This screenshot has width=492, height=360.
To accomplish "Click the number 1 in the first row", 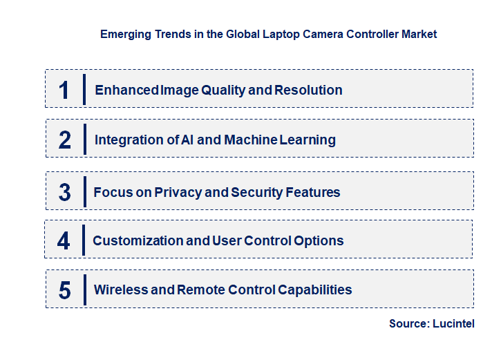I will click(x=64, y=91).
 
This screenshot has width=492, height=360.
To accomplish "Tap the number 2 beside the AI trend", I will click(x=64, y=140).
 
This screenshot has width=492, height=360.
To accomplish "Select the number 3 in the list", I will click(x=64, y=193).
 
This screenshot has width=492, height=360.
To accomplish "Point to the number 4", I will click(x=64, y=241).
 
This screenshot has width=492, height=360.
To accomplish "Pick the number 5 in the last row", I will click(x=64, y=290).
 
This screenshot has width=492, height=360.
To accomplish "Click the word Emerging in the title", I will click(x=123, y=34).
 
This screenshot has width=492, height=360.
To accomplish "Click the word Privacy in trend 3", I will click(x=178, y=192).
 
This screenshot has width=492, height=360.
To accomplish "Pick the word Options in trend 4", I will click(x=316, y=240).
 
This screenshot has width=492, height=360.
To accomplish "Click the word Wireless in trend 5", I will click(x=120, y=290).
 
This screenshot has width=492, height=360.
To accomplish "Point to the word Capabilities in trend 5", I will click(x=314, y=290).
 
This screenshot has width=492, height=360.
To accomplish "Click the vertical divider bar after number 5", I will click(x=84, y=289).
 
